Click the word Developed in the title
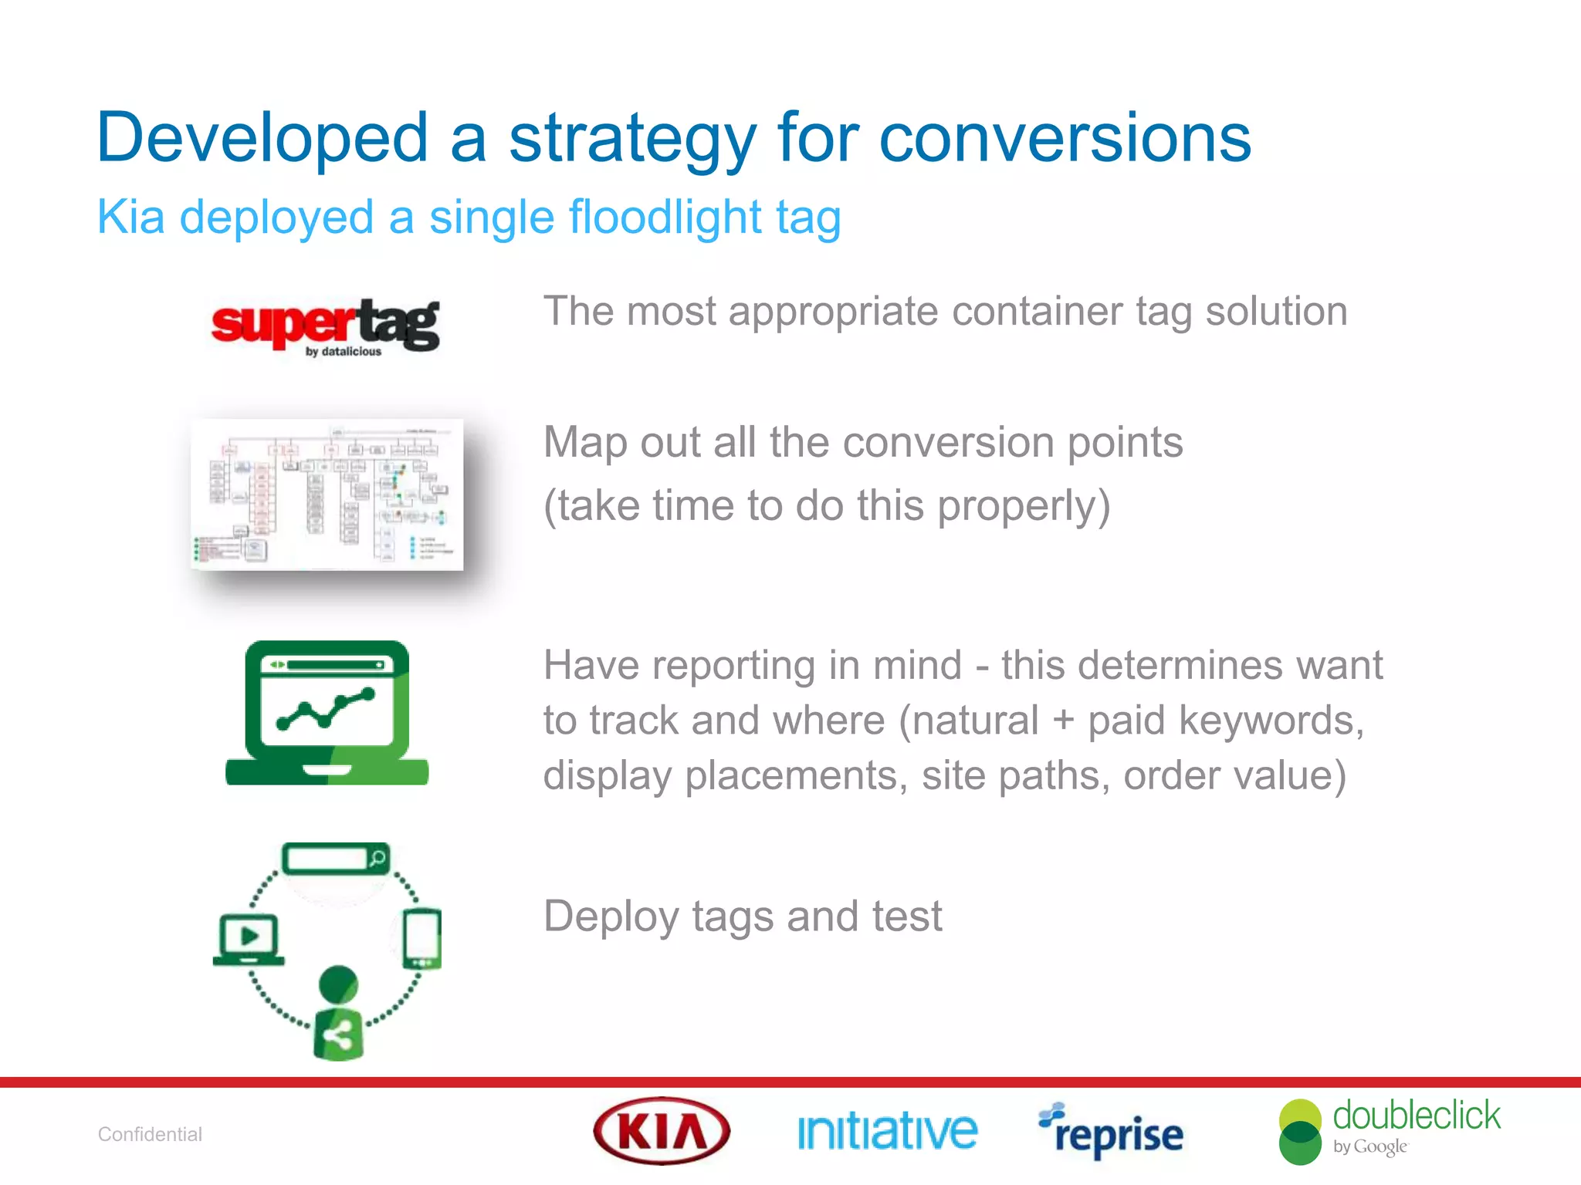click(262, 139)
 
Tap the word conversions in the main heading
click(1065, 139)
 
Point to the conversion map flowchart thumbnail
click(327, 495)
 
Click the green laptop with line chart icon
click(327, 713)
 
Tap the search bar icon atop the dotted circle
click(336, 859)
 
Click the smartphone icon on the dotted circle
click(422, 939)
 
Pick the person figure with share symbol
click(338, 1013)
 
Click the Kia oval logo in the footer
click(662, 1131)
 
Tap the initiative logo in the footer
click(887, 1132)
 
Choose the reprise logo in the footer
click(1111, 1132)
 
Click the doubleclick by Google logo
click(1389, 1131)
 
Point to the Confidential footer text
click(150, 1134)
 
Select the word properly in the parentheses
click(1024, 506)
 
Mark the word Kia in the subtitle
click(130, 217)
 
